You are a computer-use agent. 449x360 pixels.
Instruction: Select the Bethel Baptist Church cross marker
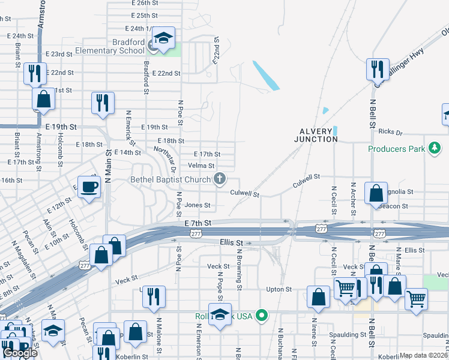click(220, 178)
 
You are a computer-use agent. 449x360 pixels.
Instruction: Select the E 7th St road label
click(199, 223)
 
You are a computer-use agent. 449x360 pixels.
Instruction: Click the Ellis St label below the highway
click(231, 242)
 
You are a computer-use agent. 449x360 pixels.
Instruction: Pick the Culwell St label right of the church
click(244, 194)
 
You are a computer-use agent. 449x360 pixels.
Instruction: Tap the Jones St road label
click(197, 205)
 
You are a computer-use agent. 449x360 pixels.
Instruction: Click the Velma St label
click(201, 166)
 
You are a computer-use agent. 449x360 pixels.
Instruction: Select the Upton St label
click(279, 289)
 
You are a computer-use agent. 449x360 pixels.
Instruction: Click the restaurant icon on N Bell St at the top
click(378, 70)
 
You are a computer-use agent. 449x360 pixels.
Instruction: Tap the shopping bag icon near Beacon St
click(375, 194)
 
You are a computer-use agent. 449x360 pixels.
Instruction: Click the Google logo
click(20, 353)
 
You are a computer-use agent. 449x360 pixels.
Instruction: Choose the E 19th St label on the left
click(61, 127)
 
